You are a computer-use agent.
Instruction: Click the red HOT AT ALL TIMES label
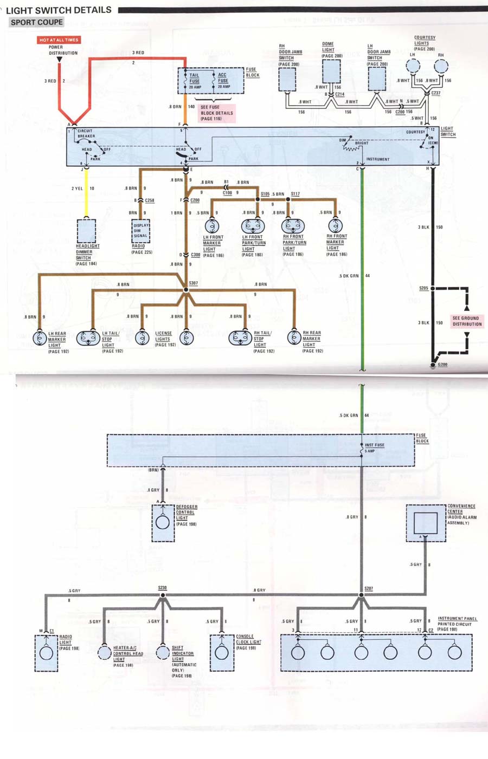tap(59, 40)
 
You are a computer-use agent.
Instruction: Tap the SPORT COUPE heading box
tap(37, 22)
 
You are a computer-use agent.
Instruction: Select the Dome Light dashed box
tap(331, 71)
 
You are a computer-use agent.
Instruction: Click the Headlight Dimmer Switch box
tap(86, 231)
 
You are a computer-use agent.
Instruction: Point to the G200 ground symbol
tap(433, 365)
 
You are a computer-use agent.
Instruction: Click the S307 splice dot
tap(186, 290)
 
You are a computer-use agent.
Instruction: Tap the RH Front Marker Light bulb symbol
tap(336, 225)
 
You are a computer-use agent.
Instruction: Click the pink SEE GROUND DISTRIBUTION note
tap(467, 321)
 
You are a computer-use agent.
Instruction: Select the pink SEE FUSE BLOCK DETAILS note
tap(216, 113)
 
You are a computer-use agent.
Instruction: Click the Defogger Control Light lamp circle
tap(163, 522)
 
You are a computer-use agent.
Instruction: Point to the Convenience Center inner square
tap(426, 523)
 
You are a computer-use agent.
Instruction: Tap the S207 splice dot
tap(361, 595)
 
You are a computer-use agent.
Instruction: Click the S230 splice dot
tap(163, 595)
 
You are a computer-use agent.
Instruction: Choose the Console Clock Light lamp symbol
tap(222, 652)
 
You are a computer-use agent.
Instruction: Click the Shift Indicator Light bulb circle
tap(163, 652)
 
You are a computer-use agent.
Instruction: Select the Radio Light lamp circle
tap(46, 652)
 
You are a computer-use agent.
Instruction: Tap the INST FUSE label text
tap(374, 445)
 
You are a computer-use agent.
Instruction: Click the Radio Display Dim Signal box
tap(141, 231)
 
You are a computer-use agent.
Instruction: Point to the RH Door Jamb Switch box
tap(287, 79)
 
